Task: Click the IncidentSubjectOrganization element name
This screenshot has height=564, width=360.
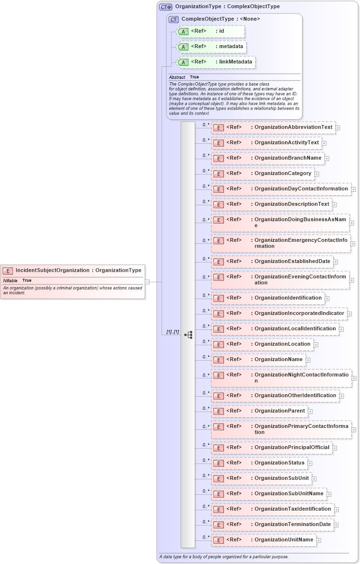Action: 52,270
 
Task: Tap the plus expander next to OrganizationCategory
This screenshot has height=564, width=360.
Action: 317,174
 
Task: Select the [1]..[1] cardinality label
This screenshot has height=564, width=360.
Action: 173,332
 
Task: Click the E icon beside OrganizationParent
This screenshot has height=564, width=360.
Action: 218,412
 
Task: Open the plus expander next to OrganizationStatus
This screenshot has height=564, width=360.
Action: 310,463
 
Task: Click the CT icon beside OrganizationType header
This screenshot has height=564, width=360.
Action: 166,7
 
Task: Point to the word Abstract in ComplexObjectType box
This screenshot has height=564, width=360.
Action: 177,77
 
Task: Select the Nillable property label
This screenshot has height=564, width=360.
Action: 11,280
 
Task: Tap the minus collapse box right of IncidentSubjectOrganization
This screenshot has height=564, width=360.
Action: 148,282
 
